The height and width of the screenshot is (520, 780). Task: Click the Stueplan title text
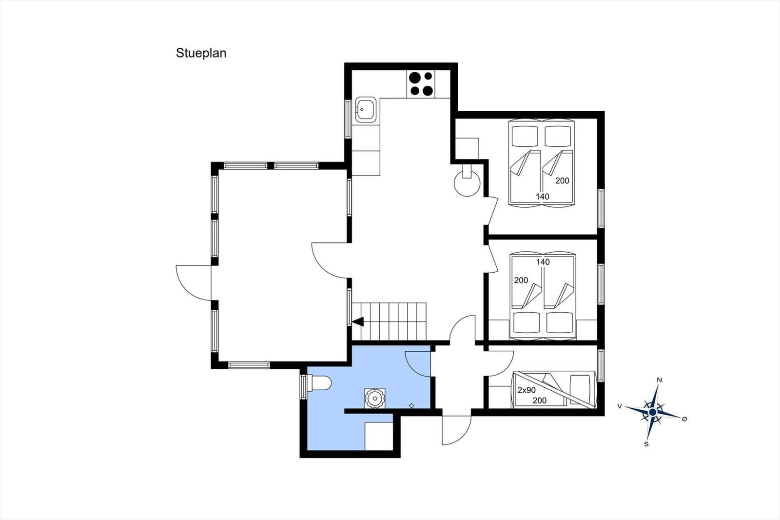pyautogui.click(x=201, y=53)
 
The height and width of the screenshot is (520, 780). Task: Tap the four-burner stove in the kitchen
pyautogui.click(x=421, y=84)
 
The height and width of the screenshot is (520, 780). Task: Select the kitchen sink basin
pyautogui.click(x=366, y=109)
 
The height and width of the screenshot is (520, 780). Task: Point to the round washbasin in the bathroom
pyautogui.click(x=375, y=398)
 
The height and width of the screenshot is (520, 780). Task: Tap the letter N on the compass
pyautogui.click(x=659, y=380)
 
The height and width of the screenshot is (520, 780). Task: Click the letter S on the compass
pyautogui.click(x=646, y=444)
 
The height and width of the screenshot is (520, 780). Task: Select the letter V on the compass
pyautogui.click(x=620, y=406)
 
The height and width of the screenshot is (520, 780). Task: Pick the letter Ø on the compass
pyautogui.click(x=684, y=419)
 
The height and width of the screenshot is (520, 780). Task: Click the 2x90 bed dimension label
pyautogui.click(x=526, y=390)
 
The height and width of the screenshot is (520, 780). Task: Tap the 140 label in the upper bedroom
pyautogui.click(x=542, y=197)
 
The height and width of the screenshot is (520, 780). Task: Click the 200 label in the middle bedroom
pyautogui.click(x=521, y=280)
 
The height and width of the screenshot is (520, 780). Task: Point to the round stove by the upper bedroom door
pyautogui.click(x=467, y=183)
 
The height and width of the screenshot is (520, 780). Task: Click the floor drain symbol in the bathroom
pyautogui.click(x=411, y=406)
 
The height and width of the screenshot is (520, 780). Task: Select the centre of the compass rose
pyautogui.click(x=653, y=412)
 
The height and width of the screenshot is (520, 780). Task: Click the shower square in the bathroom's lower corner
pyautogui.click(x=379, y=437)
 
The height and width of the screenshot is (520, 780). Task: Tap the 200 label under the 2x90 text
pyautogui.click(x=539, y=401)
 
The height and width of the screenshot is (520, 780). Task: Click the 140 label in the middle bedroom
pyautogui.click(x=543, y=262)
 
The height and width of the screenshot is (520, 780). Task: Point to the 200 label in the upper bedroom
pyautogui.click(x=562, y=180)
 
